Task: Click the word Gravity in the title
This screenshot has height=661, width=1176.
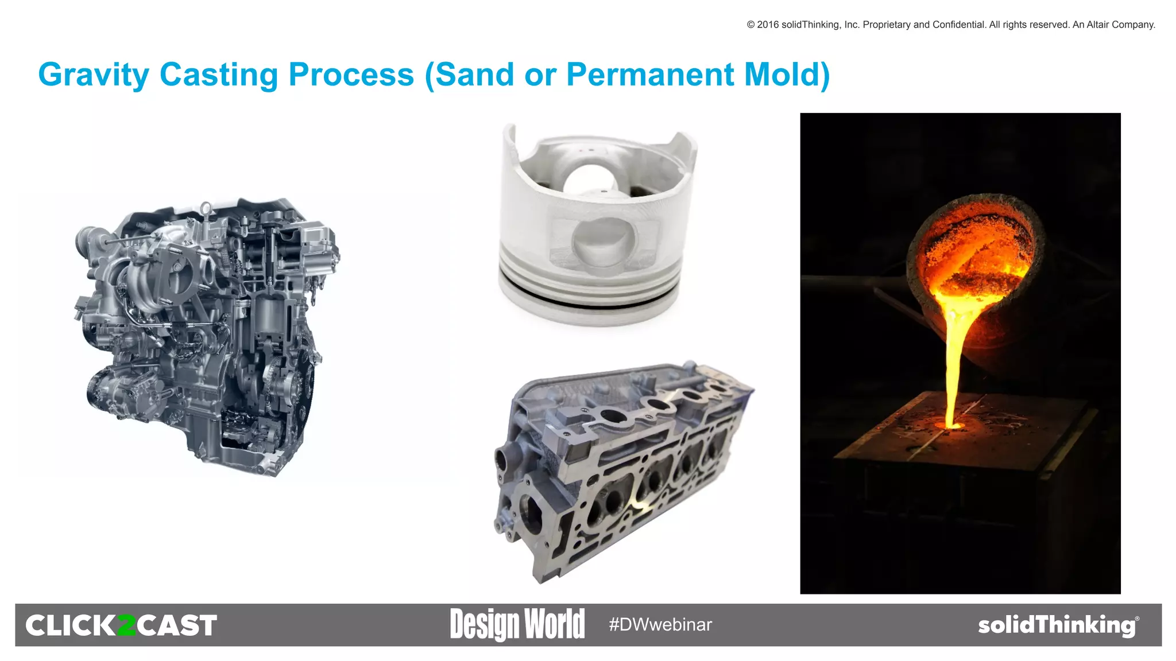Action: (x=94, y=75)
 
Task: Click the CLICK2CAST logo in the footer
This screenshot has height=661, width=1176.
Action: (x=121, y=625)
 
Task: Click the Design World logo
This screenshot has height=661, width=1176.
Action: (x=517, y=624)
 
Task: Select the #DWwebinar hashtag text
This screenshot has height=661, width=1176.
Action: (x=660, y=624)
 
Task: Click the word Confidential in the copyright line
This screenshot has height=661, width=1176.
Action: (x=958, y=25)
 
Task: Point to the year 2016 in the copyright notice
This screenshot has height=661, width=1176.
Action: (x=768, y=25)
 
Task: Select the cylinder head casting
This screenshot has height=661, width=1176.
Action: (x=620, y=471)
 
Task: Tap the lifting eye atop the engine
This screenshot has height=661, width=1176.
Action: (x=206, y=207)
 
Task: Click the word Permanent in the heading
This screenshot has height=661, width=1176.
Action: (x=650, y=75)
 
